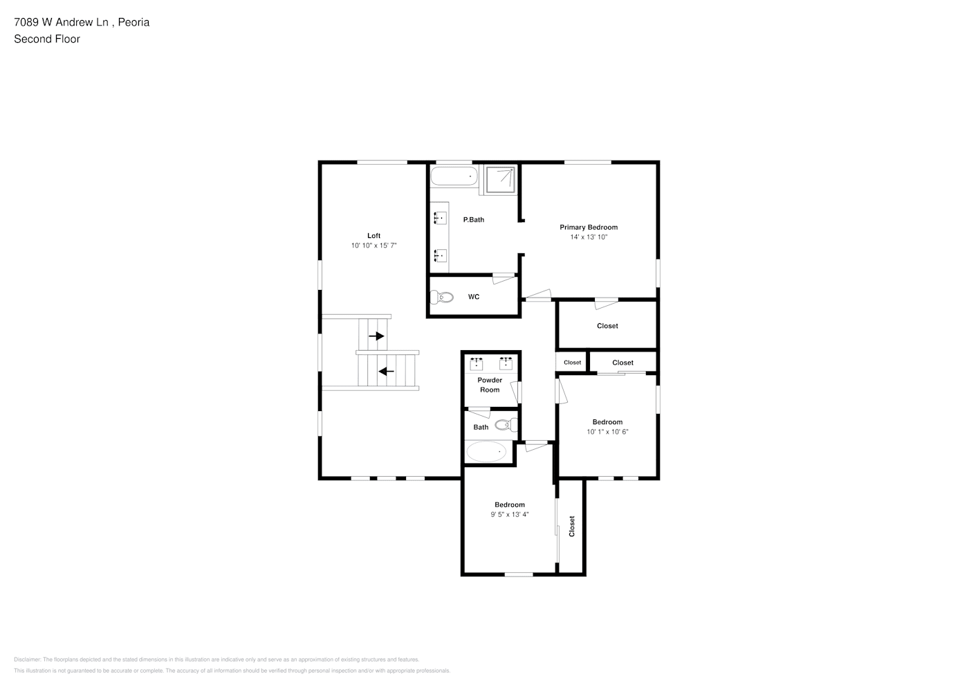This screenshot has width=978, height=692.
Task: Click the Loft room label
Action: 373,235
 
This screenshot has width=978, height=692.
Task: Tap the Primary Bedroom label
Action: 589,227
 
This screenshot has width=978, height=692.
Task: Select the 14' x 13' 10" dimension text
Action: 589,237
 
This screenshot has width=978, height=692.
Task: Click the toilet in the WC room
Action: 442,297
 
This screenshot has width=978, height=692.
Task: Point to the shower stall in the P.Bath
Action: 500,179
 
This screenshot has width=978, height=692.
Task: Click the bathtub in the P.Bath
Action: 454,176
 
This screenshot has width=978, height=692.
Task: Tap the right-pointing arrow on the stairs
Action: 376,336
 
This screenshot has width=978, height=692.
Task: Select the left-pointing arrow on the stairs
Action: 386,372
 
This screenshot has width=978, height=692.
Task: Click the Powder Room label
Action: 490,385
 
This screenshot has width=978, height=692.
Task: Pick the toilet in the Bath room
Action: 506,425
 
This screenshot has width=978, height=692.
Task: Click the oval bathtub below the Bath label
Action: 486,451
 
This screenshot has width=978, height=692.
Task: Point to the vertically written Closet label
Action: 571,526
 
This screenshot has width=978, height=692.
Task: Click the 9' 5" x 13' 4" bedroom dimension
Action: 510,514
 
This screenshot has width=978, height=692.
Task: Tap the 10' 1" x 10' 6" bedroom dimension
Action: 607,432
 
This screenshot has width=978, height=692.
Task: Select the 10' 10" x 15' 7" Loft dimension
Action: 373,246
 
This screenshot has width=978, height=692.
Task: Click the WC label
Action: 474,297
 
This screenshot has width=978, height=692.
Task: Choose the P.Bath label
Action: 474,219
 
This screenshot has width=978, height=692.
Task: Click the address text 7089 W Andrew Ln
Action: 61,22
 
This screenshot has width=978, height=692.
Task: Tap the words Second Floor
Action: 47,39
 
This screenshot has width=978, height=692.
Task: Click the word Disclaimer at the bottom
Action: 28,659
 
